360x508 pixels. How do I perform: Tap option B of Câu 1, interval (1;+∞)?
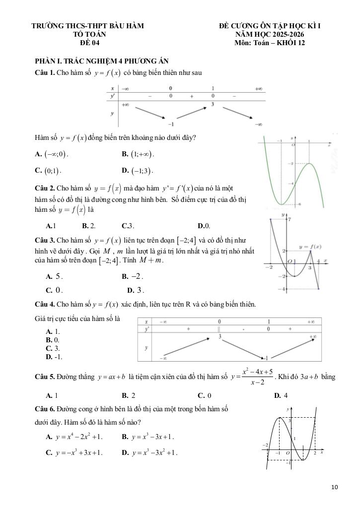tap(138, 154)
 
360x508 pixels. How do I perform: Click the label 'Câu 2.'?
tap(44, 189)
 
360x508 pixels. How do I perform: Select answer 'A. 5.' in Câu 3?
tap(54, 276)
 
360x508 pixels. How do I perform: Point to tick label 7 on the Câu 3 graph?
tap(289, 219)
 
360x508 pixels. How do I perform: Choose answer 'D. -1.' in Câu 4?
tap(54, 357)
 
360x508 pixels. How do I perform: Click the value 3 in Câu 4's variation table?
tap(219, 337)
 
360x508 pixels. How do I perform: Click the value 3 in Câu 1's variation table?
tap(213, 105)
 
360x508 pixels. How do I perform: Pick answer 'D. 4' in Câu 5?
tap(281, 396)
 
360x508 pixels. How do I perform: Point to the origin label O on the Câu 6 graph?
tap(288, 453)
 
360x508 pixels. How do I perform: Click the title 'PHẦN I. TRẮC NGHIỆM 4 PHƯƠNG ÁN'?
tap(102, 61)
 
